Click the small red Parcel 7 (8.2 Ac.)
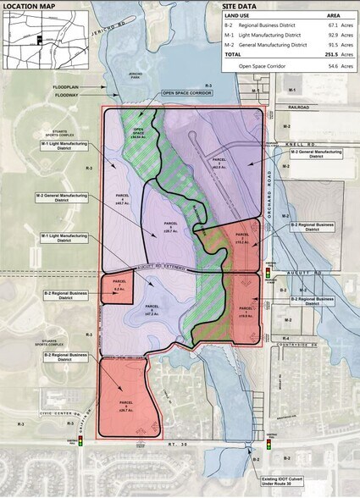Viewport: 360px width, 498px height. click(117, 288)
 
